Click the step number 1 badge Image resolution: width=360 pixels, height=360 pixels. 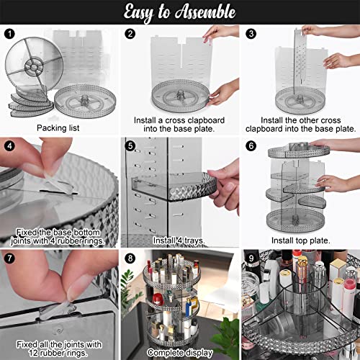click(9, 34)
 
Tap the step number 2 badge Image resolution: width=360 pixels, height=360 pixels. click(130, 34)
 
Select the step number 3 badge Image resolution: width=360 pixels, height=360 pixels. click(249, 34)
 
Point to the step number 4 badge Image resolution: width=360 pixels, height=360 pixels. click(9, 145)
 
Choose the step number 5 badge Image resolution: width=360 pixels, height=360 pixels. click(130, 145)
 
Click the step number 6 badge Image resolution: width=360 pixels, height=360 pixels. click(249, 145)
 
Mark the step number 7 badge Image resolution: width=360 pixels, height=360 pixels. click(9, 257)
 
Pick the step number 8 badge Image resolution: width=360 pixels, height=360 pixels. click(130, 257)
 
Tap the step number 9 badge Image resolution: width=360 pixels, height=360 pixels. click(249, 257)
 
